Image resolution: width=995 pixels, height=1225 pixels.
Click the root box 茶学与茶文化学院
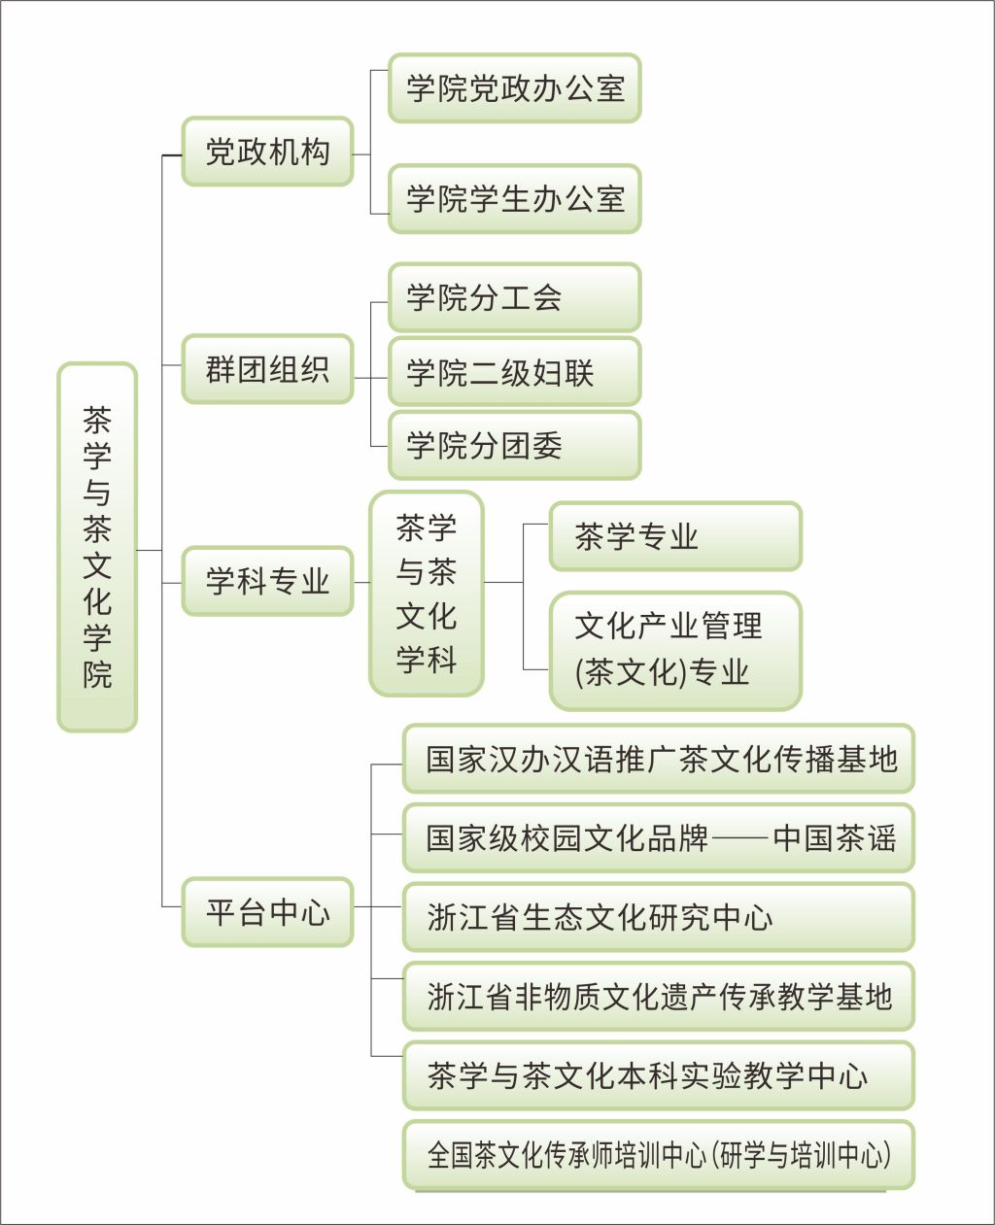coord(97,547)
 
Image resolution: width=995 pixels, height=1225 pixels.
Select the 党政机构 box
coord(267,153)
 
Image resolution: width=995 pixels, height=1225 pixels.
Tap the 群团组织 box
coord(267,369)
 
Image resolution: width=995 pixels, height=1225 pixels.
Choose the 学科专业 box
coord(267,581)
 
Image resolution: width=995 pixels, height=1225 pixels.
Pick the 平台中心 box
coord(267,912)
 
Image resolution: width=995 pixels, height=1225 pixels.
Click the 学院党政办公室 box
coord(514,88)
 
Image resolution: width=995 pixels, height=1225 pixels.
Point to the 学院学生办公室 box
coord(514,199)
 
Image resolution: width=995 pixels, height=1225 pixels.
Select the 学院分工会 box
coord(514,297)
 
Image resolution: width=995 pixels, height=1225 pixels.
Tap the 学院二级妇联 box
coord(514,371)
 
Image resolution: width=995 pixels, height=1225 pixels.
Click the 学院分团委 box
coord(514,445)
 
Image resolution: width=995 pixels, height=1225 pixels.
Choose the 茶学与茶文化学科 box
coord(426,594)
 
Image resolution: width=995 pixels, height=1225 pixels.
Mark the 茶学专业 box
coord(675,536)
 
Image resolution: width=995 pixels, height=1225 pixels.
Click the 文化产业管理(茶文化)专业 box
coord(675,650)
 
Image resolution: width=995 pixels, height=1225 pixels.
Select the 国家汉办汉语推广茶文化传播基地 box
coord(659,759)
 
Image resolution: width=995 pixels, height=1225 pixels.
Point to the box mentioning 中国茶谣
coord(659,837)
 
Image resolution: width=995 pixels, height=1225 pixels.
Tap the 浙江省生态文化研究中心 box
coord(659,916)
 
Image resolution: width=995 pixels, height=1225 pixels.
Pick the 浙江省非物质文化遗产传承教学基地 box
coord(659,996)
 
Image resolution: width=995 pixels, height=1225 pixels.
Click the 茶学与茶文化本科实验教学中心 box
coord(659,1075)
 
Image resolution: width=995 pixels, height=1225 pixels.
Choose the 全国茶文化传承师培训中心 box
coord(659,1155)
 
